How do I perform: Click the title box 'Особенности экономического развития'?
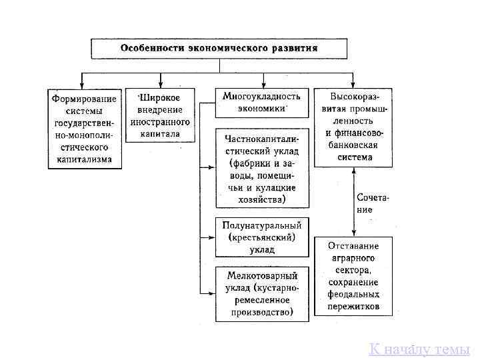[219, 49]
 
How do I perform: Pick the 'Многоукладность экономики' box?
[262, 102]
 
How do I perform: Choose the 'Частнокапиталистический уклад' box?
[262, 167]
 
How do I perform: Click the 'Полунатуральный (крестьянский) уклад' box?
[262, 237]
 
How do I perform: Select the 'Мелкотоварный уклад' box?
[262, 293]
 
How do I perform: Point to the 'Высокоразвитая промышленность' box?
[353, 127]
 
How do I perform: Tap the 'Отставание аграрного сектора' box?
[353, 275]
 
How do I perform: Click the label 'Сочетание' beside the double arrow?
[373, 203]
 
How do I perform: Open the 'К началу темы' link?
[419, 349]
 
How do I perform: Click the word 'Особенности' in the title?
[149, 49]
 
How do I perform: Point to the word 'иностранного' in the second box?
[164, 123]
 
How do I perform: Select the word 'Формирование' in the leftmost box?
[85, 99]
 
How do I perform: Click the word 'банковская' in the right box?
[353, 145]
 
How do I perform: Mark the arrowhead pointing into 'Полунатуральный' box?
[211, 237]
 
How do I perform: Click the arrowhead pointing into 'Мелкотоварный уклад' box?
[211, 293]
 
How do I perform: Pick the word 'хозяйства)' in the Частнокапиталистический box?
[262, 199]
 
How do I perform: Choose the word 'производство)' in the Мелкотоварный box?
[262, 311]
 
